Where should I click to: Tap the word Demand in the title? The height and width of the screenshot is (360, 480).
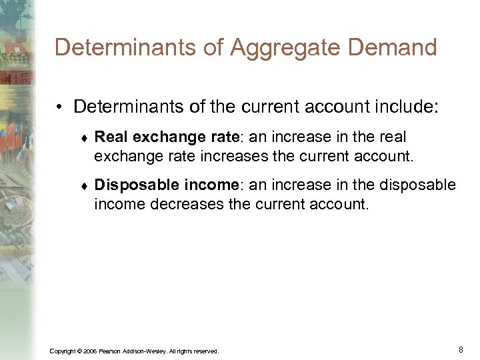tap(398, 48)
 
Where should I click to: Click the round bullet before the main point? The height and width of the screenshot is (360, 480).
tap(61, 107)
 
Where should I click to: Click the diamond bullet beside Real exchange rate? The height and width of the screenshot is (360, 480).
tap(83, 138)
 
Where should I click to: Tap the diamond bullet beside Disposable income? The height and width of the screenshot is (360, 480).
tap(83, 185)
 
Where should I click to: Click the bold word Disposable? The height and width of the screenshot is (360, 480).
tap(133, 184)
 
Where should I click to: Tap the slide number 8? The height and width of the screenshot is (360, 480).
tap(461, 349)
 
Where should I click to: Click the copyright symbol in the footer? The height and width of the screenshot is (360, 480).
tap(80, 351)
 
